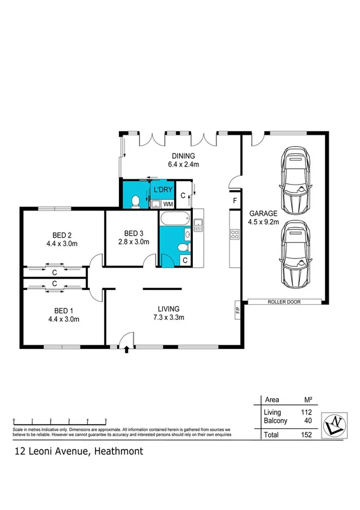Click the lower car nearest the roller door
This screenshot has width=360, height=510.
pos(295,253)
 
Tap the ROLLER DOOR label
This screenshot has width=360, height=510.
pos(284,302)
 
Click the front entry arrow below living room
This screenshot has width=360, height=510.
pos(126,350)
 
